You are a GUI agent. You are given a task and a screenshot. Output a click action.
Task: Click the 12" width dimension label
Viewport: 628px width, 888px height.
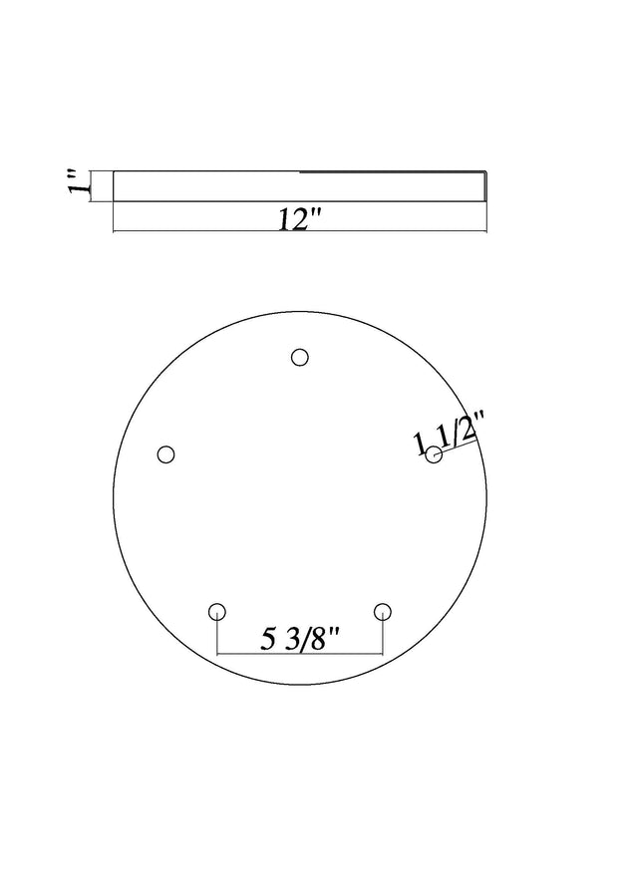point(300,219)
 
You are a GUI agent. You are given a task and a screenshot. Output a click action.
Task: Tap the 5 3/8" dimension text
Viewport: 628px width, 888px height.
point(300,640)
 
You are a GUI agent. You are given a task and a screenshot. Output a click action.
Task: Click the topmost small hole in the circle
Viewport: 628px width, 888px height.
point(300,358)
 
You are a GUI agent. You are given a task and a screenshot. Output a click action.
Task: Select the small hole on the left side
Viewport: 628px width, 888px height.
point(165,454)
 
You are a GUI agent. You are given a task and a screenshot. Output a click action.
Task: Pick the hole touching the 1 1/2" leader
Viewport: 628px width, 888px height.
point(434,454)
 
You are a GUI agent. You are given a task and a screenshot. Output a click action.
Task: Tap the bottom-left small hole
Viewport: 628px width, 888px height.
point(217,612)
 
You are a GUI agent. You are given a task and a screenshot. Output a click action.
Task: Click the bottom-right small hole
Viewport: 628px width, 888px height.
point(383,612)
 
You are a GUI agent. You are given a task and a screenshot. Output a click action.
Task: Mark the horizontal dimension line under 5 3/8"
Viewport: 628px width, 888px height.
point(300,654)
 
